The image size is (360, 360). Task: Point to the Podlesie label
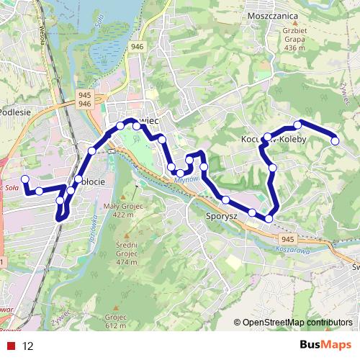[13, 112]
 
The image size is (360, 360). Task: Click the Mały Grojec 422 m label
[120, 210]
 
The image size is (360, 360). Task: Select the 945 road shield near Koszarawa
[288, 239]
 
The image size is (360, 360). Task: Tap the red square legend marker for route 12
[11, 346]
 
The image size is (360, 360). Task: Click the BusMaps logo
[325, 346]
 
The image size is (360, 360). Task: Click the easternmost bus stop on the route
[335, 141]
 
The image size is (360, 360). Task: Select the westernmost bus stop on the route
[25, 179]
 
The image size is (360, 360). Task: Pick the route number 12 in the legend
[28, 346]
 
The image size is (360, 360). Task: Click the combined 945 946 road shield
[84, 99]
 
